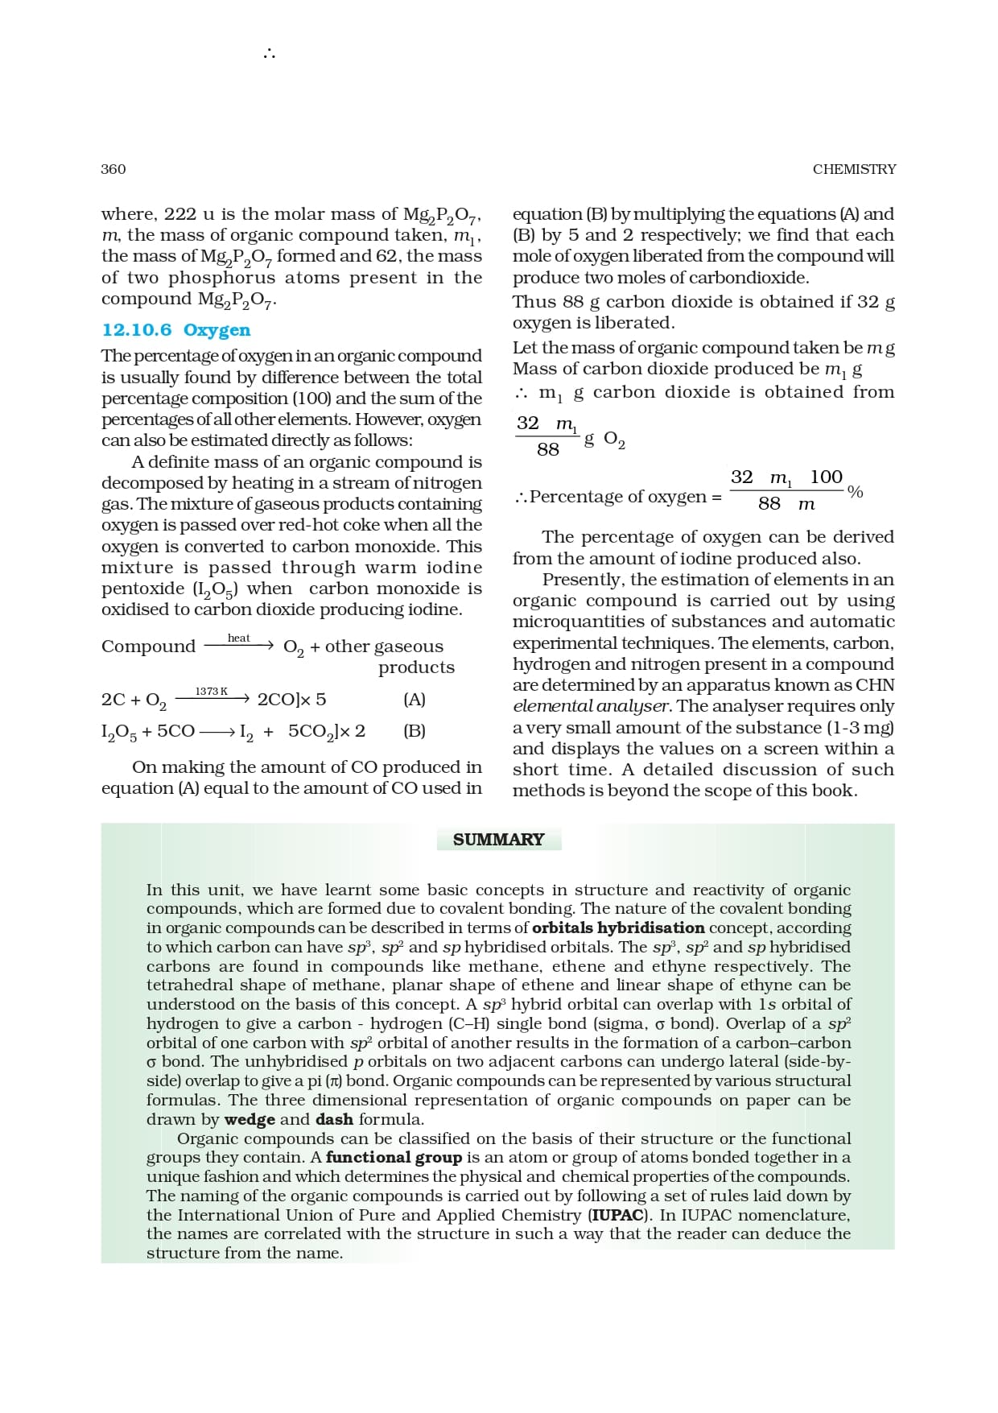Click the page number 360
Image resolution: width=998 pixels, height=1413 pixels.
click(x=113, y=169)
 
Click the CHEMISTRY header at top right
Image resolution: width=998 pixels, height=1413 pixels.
click(x=854, y=169)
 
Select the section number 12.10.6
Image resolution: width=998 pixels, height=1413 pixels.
click(x=137, y=330)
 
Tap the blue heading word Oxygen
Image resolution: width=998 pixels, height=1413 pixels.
click(x=217, y=330)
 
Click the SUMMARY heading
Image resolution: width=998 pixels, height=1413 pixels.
click(x=498, y=840)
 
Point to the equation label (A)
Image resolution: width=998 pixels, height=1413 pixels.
click(x=414, y=700)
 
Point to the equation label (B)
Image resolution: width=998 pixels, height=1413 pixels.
click(x=414, y=731)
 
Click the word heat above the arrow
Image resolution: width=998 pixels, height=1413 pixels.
click(x=239, y=638)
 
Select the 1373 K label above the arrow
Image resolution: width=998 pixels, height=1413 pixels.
click(x=212, y=692)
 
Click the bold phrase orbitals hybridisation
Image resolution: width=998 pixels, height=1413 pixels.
click(x=618, y=928)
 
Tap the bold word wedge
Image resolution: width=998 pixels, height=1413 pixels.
click(x=249, y=1119)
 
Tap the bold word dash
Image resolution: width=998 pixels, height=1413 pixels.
click(x=334, y=1119)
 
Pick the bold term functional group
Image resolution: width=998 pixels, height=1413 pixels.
click(x=394, y=1157)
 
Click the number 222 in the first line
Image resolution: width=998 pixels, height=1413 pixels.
click(x=180, y=214)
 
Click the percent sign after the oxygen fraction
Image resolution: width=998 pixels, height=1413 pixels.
click(x=856, y=492)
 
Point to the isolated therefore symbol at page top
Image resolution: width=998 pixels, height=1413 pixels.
click(x=269, y=55)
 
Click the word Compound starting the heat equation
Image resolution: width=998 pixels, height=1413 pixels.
click(x=148, y=647)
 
